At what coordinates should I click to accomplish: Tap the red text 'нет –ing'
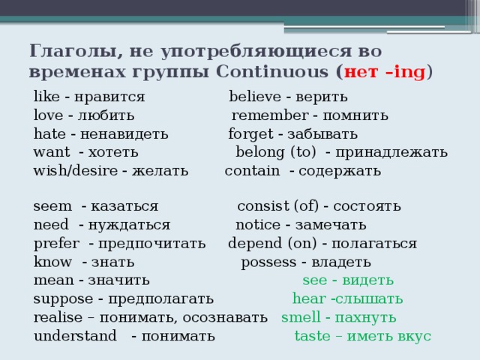[384, 73]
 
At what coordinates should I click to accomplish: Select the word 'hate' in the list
[48, 134]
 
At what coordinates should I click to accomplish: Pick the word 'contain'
[252, 170]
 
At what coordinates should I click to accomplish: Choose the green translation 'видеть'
[367, 280]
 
